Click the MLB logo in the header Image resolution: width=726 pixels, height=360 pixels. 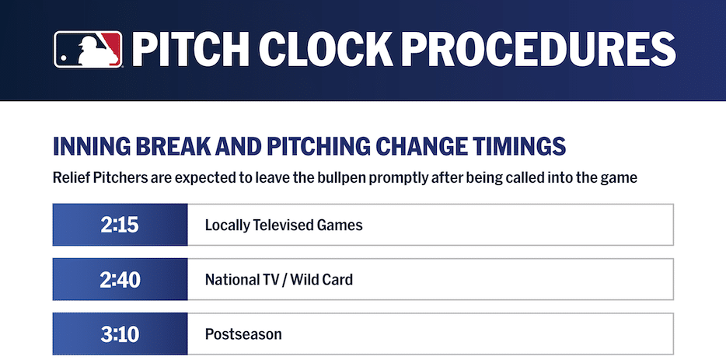[x=88, y=48]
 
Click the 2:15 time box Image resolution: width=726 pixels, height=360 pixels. [x=120, y=225]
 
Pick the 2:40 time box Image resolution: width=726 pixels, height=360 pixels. [x=120, y=280]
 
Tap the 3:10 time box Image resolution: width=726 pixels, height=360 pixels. [x=120, y=334]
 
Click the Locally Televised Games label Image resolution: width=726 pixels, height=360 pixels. [x=284, y=225]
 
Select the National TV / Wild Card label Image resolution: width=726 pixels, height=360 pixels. [x=278, y=280]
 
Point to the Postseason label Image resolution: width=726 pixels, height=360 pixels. [x=243, y=334]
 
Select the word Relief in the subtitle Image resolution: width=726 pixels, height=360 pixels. [x=71, y=178]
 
